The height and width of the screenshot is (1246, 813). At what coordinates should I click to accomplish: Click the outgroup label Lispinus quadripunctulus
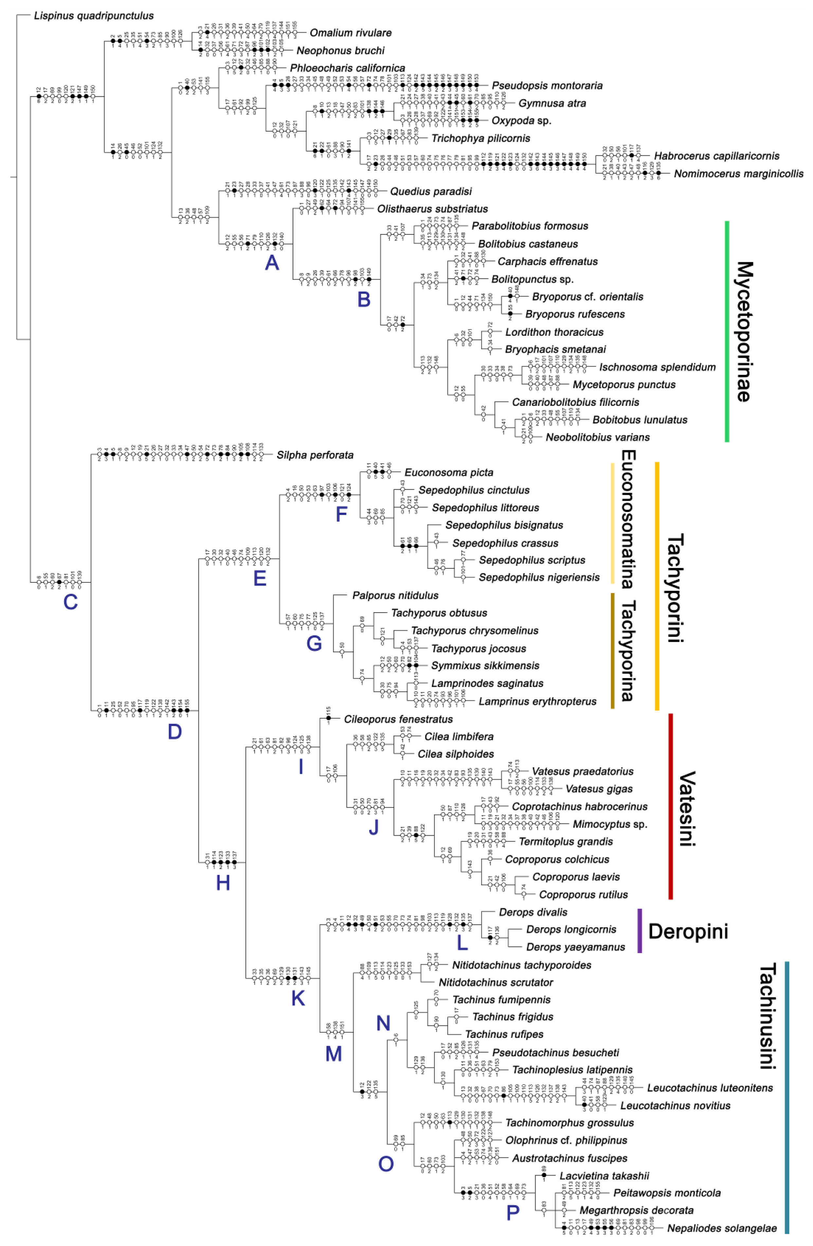pyautogui.click(x=94, y=16)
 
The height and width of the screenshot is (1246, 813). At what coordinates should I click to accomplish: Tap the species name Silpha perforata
pyautogui.click(x=315, y=455)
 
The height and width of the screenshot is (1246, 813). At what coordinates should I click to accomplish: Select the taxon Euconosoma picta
pyautogui.click(x=449, y=473)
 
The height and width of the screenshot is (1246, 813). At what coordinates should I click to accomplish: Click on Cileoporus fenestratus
pyautogui.click(x=398, y=719)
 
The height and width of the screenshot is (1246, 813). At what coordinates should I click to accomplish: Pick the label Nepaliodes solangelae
pyautogui.click(x=722, y=1228)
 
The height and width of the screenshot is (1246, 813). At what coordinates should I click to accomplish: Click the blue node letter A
pyautogui.click(x=272, y=262)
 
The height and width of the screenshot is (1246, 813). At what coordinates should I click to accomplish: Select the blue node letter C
pyautogui.click(x=71, y=602)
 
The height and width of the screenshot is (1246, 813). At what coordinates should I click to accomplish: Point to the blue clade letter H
pyautogui.click(x=223, y=883)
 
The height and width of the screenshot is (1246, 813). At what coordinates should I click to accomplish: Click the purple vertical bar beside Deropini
pyautogui.click(x=639, y=931)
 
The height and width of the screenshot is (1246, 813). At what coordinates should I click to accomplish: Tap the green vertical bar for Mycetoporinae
pyautogui.click(x=726, y=331)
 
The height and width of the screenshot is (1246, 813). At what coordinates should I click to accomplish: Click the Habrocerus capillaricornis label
pyautogui.click(x=716, y=156)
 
